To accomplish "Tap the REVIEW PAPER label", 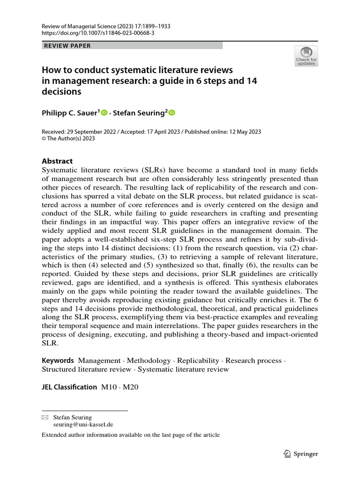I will coord(67,45).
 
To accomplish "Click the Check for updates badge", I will coord(306,56).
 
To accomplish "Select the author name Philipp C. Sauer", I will coord(70,112).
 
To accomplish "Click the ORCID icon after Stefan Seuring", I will coord(172,112).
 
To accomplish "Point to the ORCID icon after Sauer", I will coord(104,112).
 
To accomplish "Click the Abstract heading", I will coord(57,161).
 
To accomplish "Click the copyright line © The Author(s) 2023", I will coord(68,139).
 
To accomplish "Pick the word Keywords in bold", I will coord(58,360).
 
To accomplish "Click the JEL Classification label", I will coord(69,387).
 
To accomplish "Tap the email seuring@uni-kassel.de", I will coord(83,424).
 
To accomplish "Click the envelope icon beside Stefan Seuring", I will coord(45,417).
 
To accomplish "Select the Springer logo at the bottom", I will coord(301,454).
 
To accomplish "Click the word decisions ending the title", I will coord(61,91).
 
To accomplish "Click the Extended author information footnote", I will coord(130,435).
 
